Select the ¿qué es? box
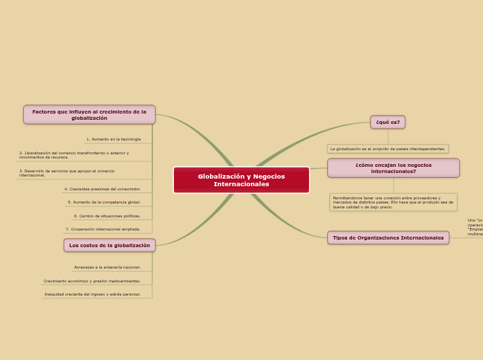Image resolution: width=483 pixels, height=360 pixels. point(387,123)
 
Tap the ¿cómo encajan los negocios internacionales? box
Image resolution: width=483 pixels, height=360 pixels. point(393,168)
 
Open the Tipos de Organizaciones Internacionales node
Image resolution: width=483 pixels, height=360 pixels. point(388,238)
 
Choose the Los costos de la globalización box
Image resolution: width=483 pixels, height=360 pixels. point(109,245)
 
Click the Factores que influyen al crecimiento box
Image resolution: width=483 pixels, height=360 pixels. point(89,114)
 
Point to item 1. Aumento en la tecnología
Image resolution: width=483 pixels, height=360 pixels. point(114,139)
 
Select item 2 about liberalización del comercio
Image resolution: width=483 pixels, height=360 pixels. point(74,155)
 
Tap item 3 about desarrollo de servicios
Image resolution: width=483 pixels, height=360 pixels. point(67,173)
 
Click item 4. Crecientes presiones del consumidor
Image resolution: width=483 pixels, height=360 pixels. point(103,189)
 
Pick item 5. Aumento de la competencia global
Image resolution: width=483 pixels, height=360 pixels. point(104,202)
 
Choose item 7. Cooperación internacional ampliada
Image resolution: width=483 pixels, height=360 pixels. point(103,229)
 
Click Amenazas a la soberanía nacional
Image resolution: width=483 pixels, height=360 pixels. point(107,267)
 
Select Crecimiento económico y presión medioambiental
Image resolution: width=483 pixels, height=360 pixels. point(92,281)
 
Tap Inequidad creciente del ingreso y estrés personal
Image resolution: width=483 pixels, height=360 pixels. point(93,294)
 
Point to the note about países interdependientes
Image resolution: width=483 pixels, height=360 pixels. point(387,149)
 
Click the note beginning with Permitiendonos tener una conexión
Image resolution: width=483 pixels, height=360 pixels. point(393,202)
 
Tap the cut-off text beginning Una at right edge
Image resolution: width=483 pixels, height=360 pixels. point(475,227)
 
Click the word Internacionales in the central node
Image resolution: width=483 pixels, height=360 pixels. point(241,184)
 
